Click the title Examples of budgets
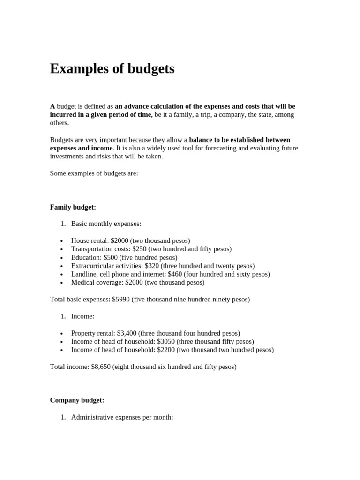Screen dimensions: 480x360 coord(112,69)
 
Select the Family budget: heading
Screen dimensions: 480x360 coord(73,207)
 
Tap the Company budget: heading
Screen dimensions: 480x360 coord(77,400)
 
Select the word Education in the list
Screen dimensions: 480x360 coord(86,257)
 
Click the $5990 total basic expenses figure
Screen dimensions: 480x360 coord(121,299)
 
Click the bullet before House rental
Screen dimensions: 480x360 coord(62,241)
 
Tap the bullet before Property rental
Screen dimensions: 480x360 coord(62,333)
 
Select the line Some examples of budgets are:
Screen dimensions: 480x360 coord(94,173)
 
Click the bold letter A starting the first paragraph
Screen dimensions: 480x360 coord(52,106)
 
